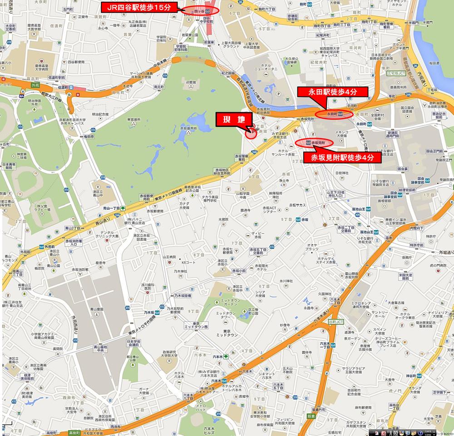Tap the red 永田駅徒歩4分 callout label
coord(327,91)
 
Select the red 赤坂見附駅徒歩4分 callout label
coord(343,158)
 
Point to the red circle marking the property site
coord(251,133)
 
